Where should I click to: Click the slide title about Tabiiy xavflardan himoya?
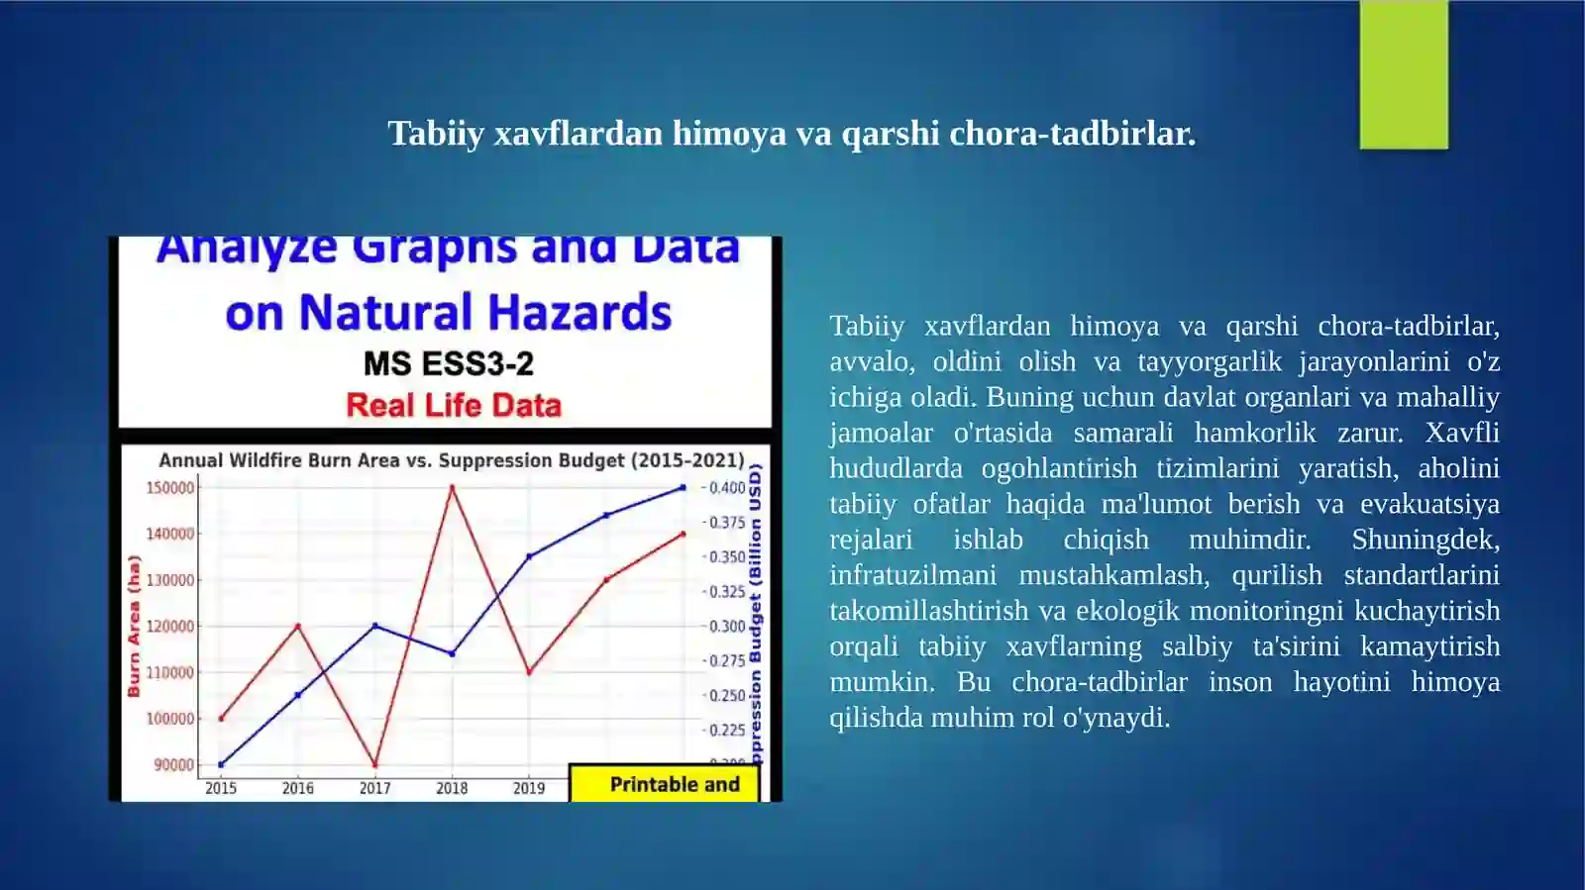[792, 133]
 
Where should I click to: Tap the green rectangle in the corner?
[1403, 75]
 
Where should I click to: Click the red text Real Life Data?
[454, 405]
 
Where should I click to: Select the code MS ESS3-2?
[448, 363]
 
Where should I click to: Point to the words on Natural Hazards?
[448, 313]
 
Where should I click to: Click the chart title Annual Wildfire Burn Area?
[451, 460]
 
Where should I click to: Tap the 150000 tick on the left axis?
[170, 488]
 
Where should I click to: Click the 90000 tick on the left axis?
[174, 765]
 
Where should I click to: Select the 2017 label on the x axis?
[374, 789]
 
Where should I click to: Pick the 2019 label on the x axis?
[529, 789]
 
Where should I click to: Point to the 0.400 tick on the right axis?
[727, 488]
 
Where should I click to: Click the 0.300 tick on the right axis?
[727, 627]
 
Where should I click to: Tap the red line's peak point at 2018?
[452, 487]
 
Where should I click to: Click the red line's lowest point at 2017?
[374, 764]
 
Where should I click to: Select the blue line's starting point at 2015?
[221, 764]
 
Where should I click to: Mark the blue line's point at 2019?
[529, 556]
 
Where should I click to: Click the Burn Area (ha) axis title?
[134, 626]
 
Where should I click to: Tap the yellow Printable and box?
[664, 784]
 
